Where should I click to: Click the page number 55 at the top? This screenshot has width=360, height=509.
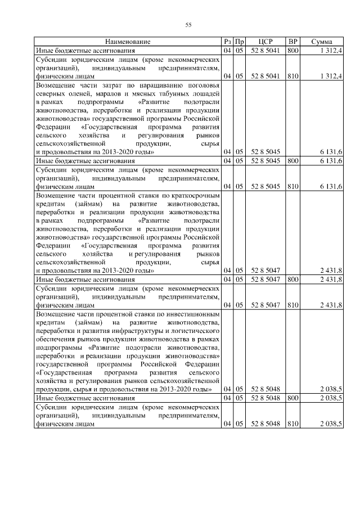(188, 24)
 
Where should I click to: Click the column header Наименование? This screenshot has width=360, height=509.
(128, 42)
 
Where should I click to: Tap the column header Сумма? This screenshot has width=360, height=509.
(321, 42)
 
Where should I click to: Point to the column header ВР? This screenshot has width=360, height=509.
(292, 42)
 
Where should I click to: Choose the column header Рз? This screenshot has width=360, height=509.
(227, 42)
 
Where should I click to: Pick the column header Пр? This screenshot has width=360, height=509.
(239, 42)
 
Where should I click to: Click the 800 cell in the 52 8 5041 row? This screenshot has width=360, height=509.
(292, 51)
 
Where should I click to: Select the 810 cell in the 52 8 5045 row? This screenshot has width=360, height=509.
(292, 186)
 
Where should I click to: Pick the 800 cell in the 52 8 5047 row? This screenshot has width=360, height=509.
(292, 278)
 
